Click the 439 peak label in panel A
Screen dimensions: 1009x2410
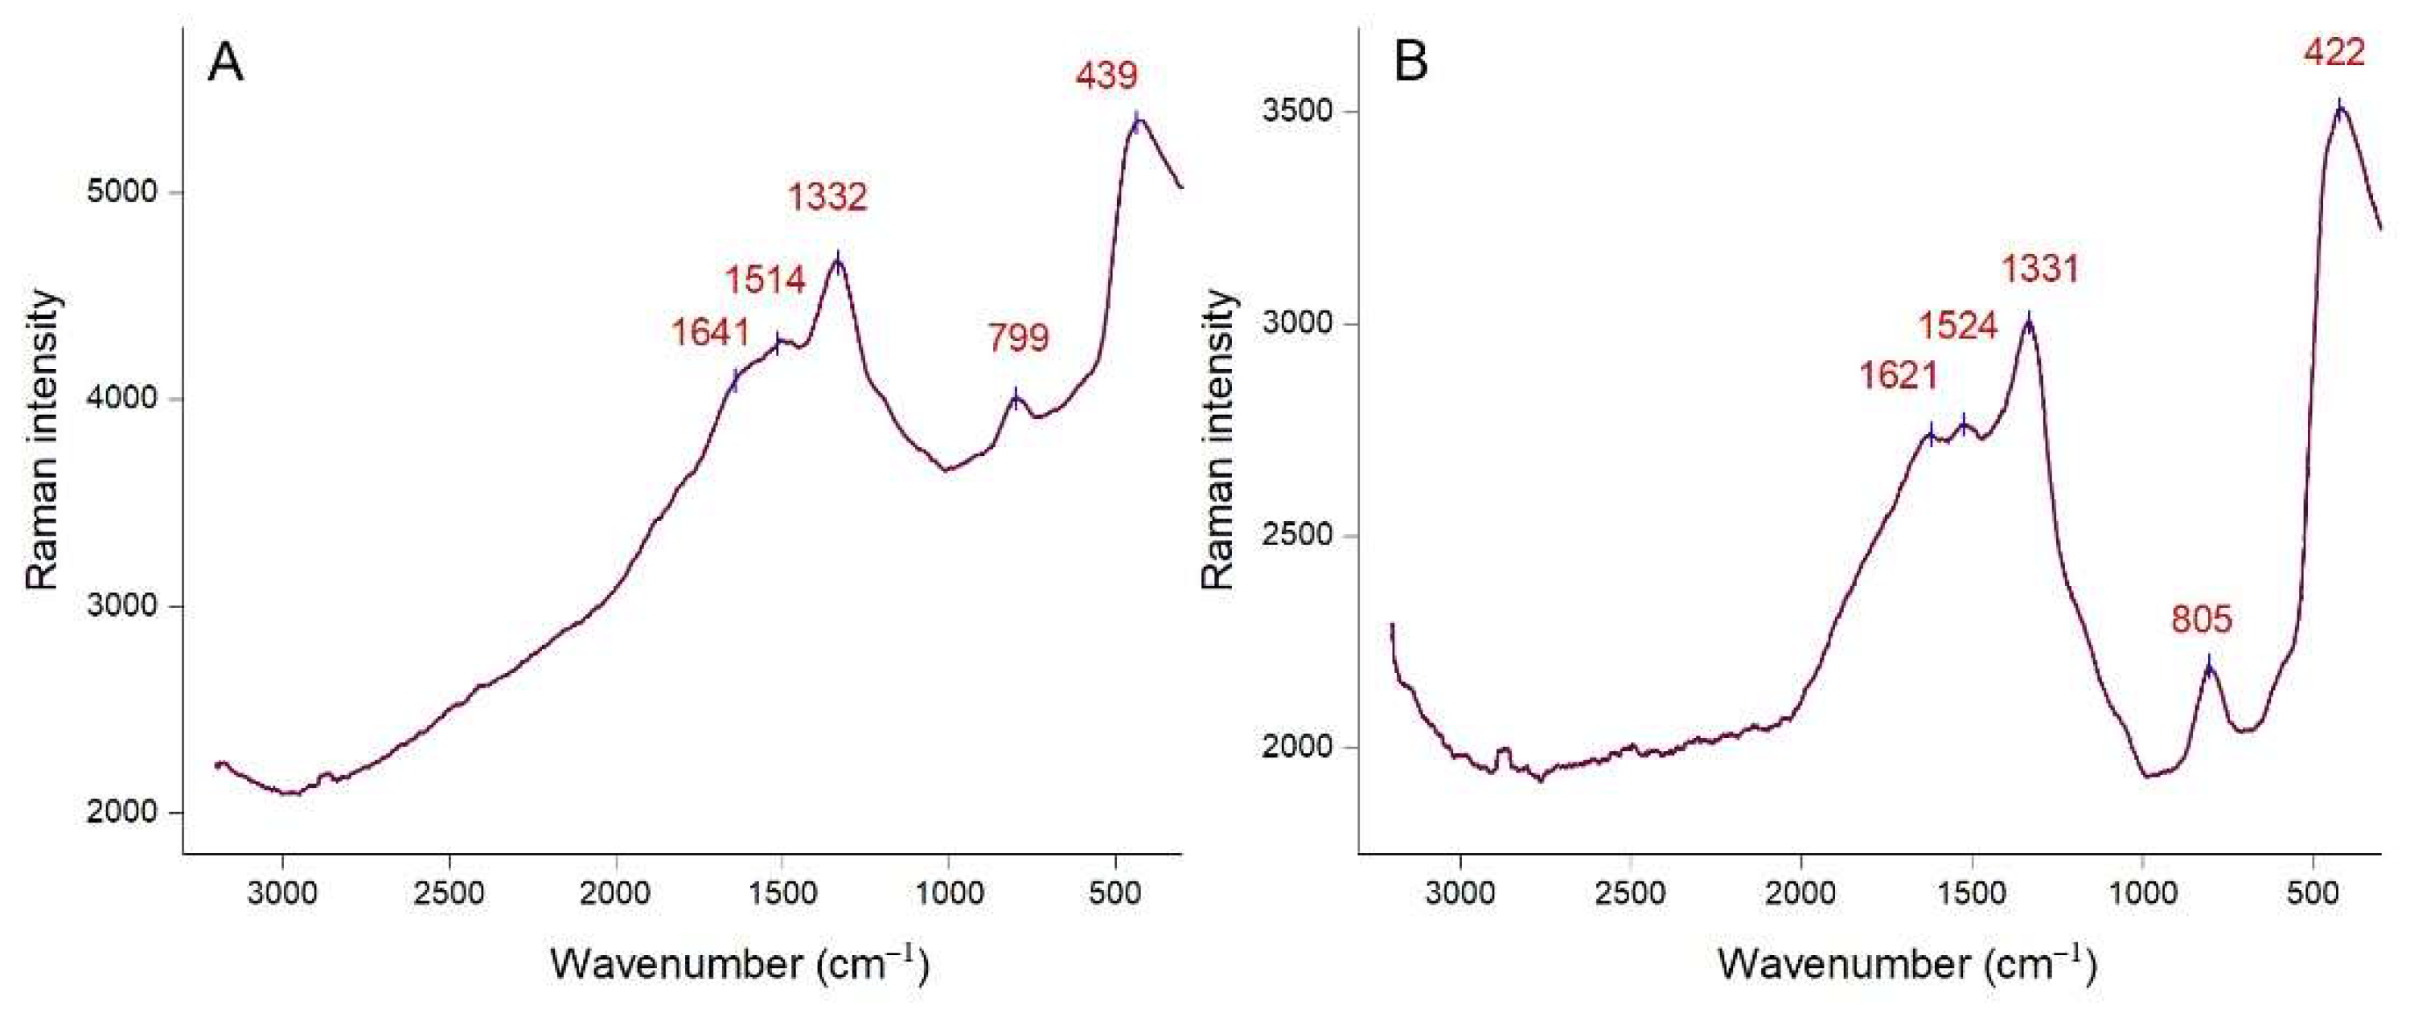pyautogui.click(x=1106, y=75)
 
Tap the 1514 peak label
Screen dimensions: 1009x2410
pyautogui.click(x=766, y=280)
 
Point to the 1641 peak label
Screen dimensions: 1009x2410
pyautogui.click(x=711, y=332)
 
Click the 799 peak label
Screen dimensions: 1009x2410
pyautogui.click(x=1019, y=337)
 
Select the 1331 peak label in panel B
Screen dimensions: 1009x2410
pyautogui.click(x=2040, y=270)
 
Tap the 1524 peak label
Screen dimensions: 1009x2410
pyautogui.click(x=1958, y=326)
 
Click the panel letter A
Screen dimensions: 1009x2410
pyautogui.click(x=225, y=64)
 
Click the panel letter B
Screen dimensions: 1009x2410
pyautogui.click(x=1410, y=64)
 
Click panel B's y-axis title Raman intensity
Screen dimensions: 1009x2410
pyautogui.click(x=1217, y=440)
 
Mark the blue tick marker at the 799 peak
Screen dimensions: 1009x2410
pyautogui.click(x=1016, y=398)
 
